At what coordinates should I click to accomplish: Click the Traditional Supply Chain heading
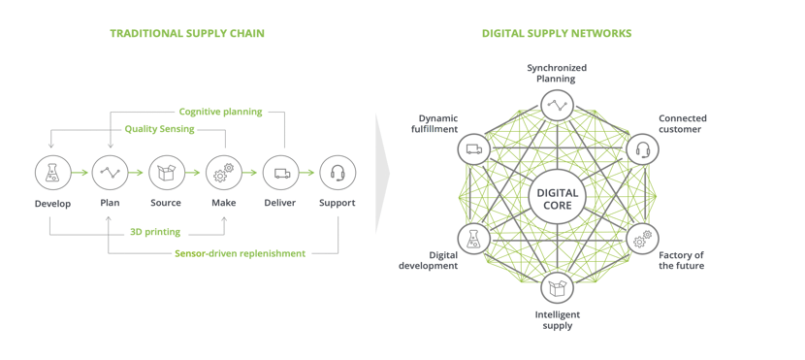pos(186,33)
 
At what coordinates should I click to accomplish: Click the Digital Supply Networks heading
pos(556,33)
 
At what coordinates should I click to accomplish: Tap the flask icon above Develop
pos(52,173)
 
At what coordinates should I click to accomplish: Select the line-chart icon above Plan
pos(110,173)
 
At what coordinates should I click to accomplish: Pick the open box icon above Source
pos(166,173)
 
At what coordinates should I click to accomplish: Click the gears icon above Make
pos(223,173)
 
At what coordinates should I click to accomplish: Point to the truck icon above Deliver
pos(281,173)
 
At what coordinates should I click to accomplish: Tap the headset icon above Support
pos(338,173)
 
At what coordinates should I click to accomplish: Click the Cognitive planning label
pos(220,112)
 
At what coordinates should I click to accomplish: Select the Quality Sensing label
pos(159,129)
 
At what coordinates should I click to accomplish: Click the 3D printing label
pos(155,232)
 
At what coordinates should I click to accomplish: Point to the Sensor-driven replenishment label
pos(240,253)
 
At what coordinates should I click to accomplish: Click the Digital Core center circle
pos(557,198)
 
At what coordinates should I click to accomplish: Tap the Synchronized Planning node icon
pos(557,105)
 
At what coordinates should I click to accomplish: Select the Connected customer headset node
pos(641,149)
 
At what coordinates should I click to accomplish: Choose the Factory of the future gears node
pos(641,239)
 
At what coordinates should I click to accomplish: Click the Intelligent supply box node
pos(557,286)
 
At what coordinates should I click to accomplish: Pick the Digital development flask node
pos(473,239)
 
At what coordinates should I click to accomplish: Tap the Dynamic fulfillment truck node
pos(473,149)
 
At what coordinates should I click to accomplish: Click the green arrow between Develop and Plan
pos(81,174)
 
